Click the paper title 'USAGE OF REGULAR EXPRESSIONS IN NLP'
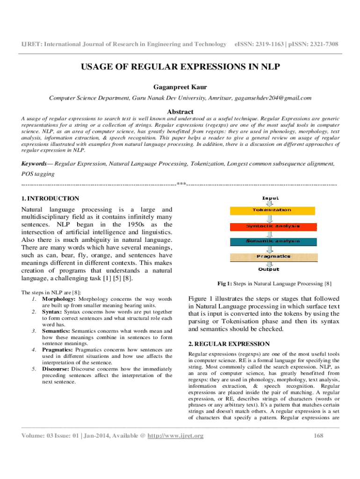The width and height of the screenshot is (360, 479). click(180, 67)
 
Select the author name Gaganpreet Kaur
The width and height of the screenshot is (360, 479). click(180, 87)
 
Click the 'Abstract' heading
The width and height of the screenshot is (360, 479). click(180, 112)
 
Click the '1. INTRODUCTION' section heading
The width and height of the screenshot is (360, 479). click(50, 199)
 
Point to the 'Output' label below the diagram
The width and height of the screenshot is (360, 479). click(269, 269)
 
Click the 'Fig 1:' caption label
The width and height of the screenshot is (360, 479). click(227, 283)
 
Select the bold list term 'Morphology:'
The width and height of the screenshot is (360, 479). click(59, 298)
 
